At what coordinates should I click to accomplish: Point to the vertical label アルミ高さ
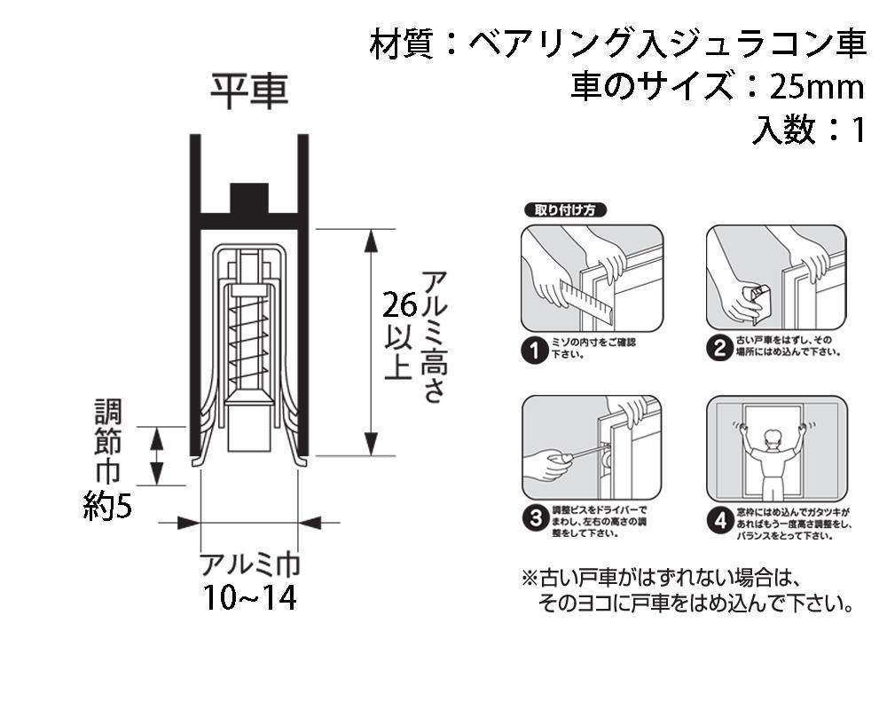432,337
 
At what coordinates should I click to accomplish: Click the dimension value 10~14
249,598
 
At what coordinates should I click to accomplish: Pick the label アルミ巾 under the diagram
249,564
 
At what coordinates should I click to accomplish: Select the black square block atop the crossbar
249,198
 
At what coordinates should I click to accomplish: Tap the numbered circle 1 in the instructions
534,350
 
